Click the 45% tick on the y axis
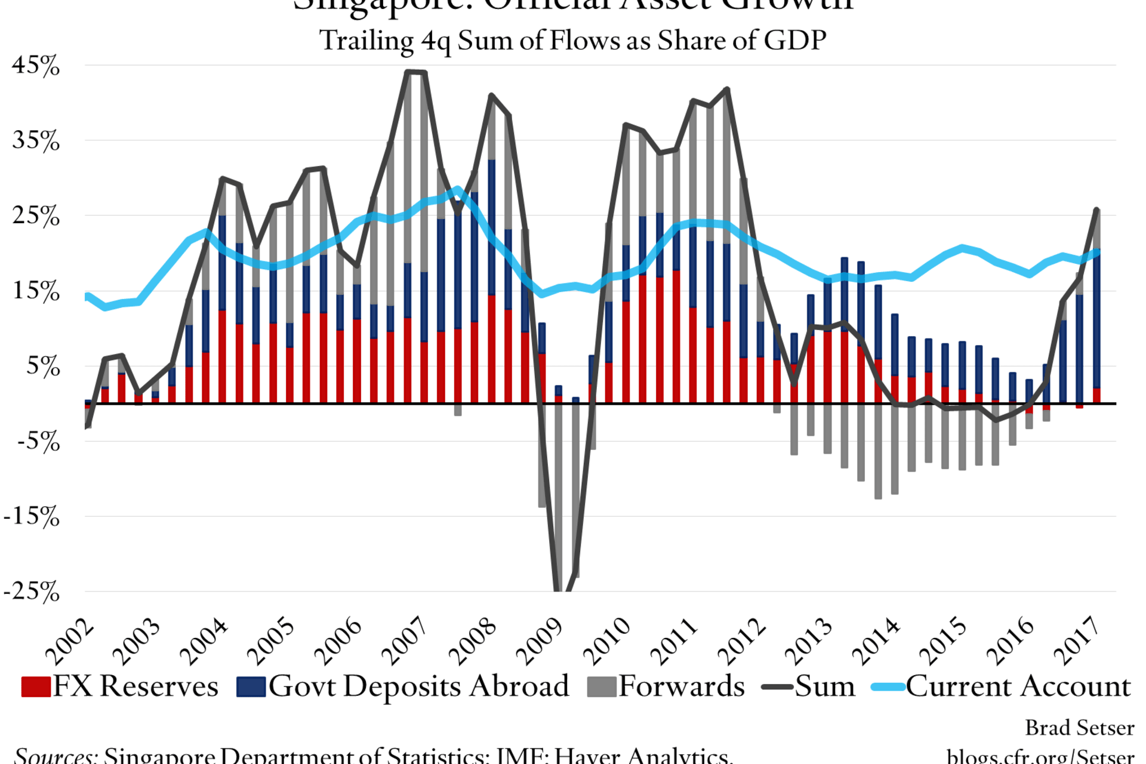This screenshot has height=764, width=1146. [x=36, y=66]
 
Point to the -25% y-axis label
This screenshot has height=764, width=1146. [x=32, y=592]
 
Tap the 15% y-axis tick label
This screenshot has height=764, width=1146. [x=36, y=291]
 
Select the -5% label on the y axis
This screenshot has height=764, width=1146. [x=38, y=442]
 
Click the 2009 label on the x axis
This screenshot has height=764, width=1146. [x=540, y=642]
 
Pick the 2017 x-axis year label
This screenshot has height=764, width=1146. [x=1078, y=642]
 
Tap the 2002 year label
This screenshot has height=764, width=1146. [x=70, y=642]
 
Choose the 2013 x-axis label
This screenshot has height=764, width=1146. [x=809, y=642]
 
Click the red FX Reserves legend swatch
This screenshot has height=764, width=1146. [x=36, y=687]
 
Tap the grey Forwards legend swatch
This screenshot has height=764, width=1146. [x=601, y=687]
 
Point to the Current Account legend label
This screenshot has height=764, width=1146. [x=1018, y=686]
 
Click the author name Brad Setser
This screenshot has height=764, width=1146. [x=1079, y=728]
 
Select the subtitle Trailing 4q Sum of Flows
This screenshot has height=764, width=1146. [x=572, y=41]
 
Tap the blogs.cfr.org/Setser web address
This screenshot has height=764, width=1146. [x=1040, y=756]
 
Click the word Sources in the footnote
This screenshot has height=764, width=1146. [x=55, y=756]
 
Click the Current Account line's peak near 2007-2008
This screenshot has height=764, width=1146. [x=457, y=190]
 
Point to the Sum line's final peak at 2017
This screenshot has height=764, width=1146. [x=1096, y=210]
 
